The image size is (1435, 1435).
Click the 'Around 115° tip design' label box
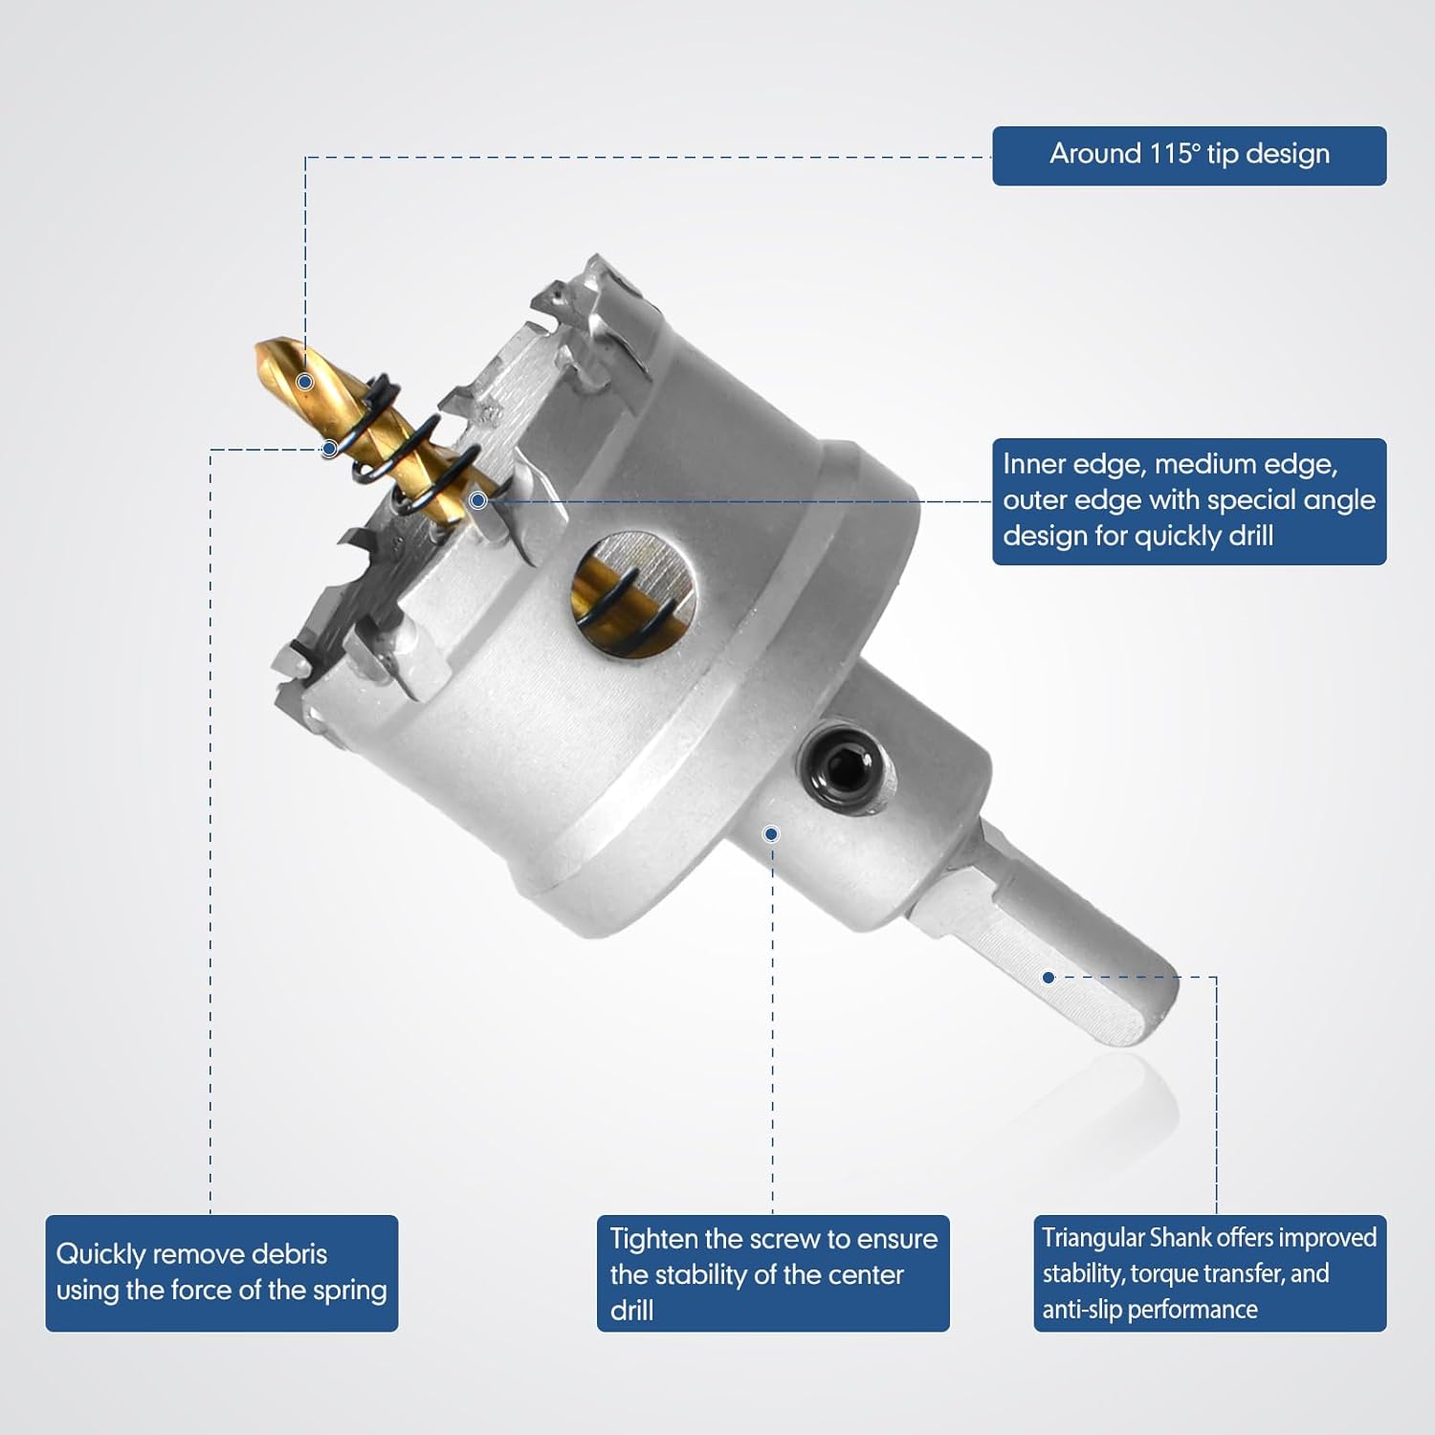click(x=1189, y=156)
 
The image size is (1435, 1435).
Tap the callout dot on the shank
click(x=1049, y=978)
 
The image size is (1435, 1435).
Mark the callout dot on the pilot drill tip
click(x=305, y=382)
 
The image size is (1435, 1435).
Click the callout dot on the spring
click(x=329, y=448)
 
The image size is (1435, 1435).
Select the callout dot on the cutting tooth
click(x=478, y=500)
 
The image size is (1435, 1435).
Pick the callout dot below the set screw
click(x=771, y=834)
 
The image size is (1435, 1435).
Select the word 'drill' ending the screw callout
click(x=632, y=1310)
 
